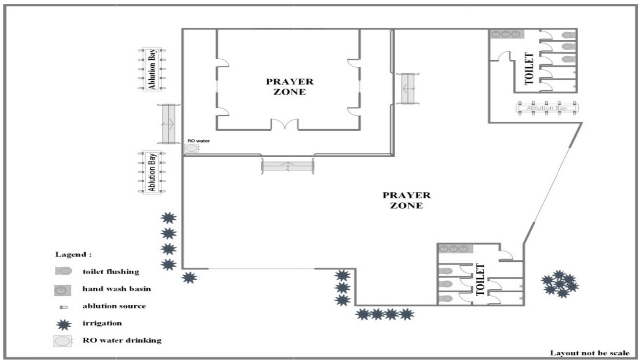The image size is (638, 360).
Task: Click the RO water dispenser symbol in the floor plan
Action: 191,148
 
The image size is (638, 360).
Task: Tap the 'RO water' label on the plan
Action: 199,141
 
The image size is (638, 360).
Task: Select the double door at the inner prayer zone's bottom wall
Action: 284,124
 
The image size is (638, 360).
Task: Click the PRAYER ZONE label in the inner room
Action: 289,87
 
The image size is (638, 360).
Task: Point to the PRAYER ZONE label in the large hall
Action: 406,200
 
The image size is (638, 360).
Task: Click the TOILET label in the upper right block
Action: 529,68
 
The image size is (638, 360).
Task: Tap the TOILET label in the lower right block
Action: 480,279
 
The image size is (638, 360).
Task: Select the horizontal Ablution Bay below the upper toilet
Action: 547,108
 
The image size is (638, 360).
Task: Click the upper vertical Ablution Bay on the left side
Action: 152,69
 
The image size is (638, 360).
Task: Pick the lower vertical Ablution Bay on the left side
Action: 152,172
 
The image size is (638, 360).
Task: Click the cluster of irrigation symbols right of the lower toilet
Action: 560,284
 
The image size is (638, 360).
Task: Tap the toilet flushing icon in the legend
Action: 63,271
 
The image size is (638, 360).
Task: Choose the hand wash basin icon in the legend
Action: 62,290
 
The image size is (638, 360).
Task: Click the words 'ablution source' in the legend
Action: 114,306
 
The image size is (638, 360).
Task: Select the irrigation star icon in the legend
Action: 63,324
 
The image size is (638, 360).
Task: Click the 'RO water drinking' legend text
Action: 122,340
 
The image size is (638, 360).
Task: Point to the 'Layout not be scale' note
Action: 589,353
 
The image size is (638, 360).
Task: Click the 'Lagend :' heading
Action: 73,254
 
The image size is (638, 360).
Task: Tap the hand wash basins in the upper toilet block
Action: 506,34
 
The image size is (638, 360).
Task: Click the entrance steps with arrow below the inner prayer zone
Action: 287,166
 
